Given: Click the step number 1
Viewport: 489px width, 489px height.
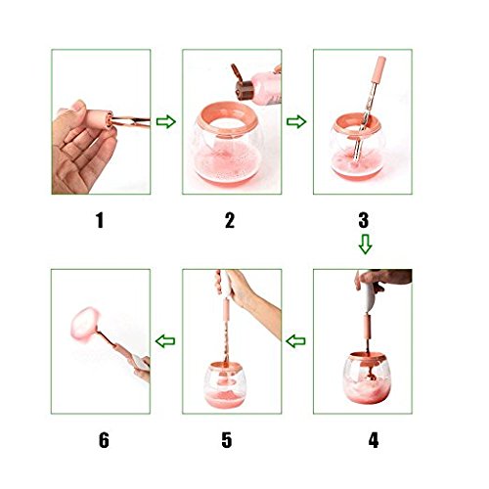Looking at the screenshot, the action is coord(100,220).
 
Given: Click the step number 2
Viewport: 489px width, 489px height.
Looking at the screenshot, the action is coord(230,220).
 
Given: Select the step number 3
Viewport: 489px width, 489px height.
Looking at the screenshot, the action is coord(364,220).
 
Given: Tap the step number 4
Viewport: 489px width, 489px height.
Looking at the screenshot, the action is coord(374,440).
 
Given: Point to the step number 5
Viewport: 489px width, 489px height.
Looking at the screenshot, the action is coord(227,440).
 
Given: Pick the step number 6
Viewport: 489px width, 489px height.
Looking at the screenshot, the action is coord(104,440).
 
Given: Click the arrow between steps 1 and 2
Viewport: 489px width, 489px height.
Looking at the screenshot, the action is coord(166,121).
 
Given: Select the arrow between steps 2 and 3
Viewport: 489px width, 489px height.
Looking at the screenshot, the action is coord(296,121).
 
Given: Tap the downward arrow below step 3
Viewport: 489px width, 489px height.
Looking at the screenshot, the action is coord(365,244).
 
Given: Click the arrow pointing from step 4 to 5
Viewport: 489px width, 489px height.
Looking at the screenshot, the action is coord(295,341).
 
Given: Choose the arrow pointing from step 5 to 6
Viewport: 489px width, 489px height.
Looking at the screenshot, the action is coord(165,341).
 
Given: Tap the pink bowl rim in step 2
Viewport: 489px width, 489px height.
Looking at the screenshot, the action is coord(227,120).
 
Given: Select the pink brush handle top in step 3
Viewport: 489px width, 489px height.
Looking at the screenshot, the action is coord(379,69).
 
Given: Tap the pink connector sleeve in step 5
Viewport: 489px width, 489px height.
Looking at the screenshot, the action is coord(226,311).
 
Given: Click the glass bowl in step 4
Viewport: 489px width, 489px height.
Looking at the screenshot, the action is coord(367,378).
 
